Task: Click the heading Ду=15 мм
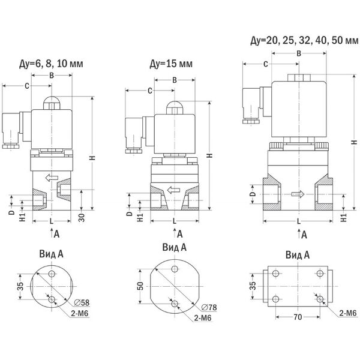[x=172, y=64]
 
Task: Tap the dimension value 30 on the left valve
[x=82, y=214]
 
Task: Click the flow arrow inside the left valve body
[x=53, y=177]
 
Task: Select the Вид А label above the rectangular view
[x=297, y=254]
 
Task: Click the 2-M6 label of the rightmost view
[x=347, y=312]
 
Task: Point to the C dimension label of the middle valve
[x=148, y=91]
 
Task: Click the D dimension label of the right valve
[x=253, y=194]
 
